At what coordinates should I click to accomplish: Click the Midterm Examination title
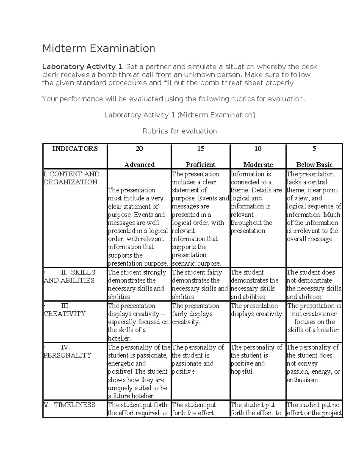point(99,48)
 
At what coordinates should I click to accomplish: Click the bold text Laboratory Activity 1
point(82,67)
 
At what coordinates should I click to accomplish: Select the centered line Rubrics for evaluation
point(179,131)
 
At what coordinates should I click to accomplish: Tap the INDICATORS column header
point(75,149)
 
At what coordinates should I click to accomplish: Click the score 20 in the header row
point(139,149)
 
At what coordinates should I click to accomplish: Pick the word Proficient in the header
point(200,165)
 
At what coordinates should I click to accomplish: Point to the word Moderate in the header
point(258,165)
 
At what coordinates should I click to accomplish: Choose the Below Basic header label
point(314,165)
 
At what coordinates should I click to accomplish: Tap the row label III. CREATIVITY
point(65,310)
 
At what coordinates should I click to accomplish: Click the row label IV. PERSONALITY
point(67,351)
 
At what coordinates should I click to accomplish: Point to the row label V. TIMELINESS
point(70,405)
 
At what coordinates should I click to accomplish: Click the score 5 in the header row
point(314,149)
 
